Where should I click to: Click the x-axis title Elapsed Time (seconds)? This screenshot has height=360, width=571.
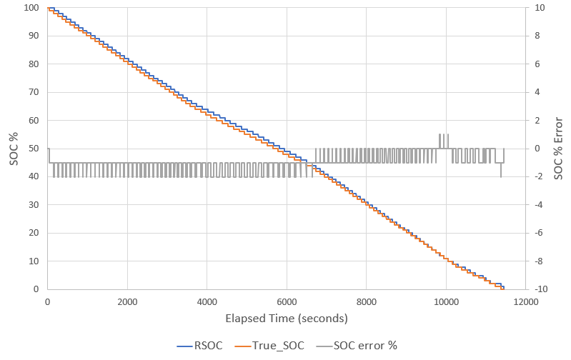pos(287,318)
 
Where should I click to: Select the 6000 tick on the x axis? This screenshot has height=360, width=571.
pos(287,302)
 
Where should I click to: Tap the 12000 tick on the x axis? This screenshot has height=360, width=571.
pos(525,302)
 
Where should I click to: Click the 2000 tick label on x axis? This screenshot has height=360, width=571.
pos(127,302)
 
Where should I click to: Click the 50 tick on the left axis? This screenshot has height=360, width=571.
pos(32,149)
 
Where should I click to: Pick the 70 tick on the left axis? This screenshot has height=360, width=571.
pos(32,92)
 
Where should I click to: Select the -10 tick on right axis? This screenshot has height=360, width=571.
pos(541,289)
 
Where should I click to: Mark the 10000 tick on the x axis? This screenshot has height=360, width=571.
pos(446,302)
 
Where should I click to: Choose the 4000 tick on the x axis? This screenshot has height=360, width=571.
pos(207,302)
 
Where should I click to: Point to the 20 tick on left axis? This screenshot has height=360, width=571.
pos(32,233)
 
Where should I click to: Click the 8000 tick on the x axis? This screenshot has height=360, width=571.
pos(366,302)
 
